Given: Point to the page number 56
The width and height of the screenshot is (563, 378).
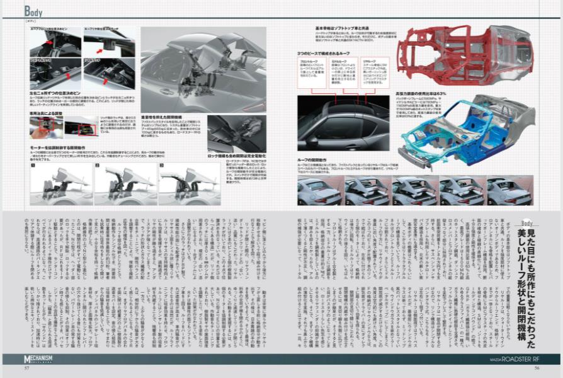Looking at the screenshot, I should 537,369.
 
